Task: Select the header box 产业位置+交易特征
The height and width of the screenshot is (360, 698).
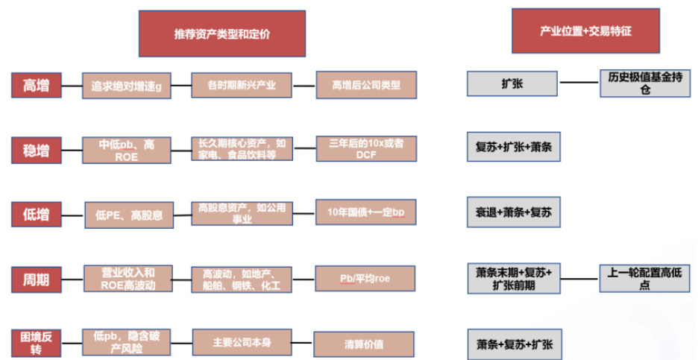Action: point(585,31)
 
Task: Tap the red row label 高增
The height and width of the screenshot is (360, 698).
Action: point(36,85)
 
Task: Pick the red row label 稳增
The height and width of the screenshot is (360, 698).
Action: point(36,151)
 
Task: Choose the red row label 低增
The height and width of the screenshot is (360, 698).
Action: point(36,215)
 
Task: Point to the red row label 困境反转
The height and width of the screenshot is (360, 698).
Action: point(36,342)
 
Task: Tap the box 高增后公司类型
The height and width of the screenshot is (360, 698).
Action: point(365,85)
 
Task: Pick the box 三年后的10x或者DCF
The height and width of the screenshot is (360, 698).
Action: point(365,149)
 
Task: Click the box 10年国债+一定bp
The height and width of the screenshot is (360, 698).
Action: point(365,213)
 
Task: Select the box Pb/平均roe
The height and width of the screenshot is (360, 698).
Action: point(365,279)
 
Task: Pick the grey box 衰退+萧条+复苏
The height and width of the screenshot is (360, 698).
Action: point(513,212)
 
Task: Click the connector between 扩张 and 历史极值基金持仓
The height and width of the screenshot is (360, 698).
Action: point(579,82)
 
